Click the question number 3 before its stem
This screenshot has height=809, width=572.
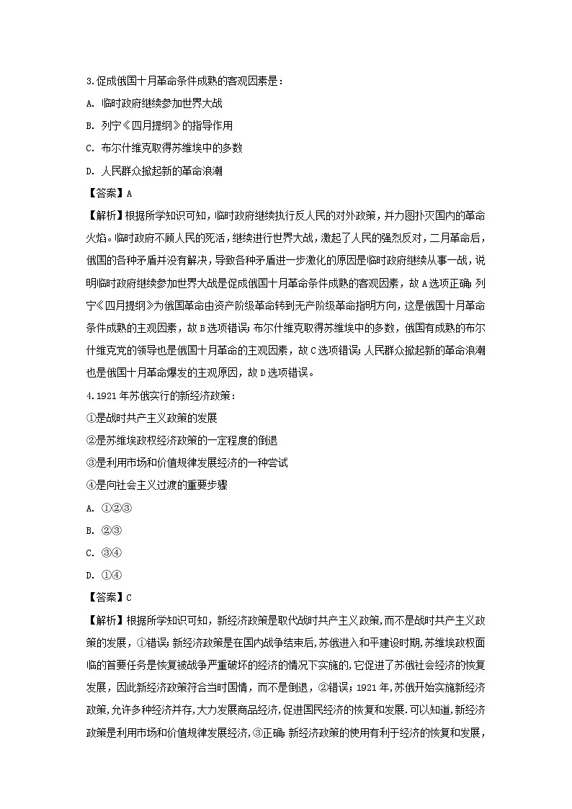coord(88,81)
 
